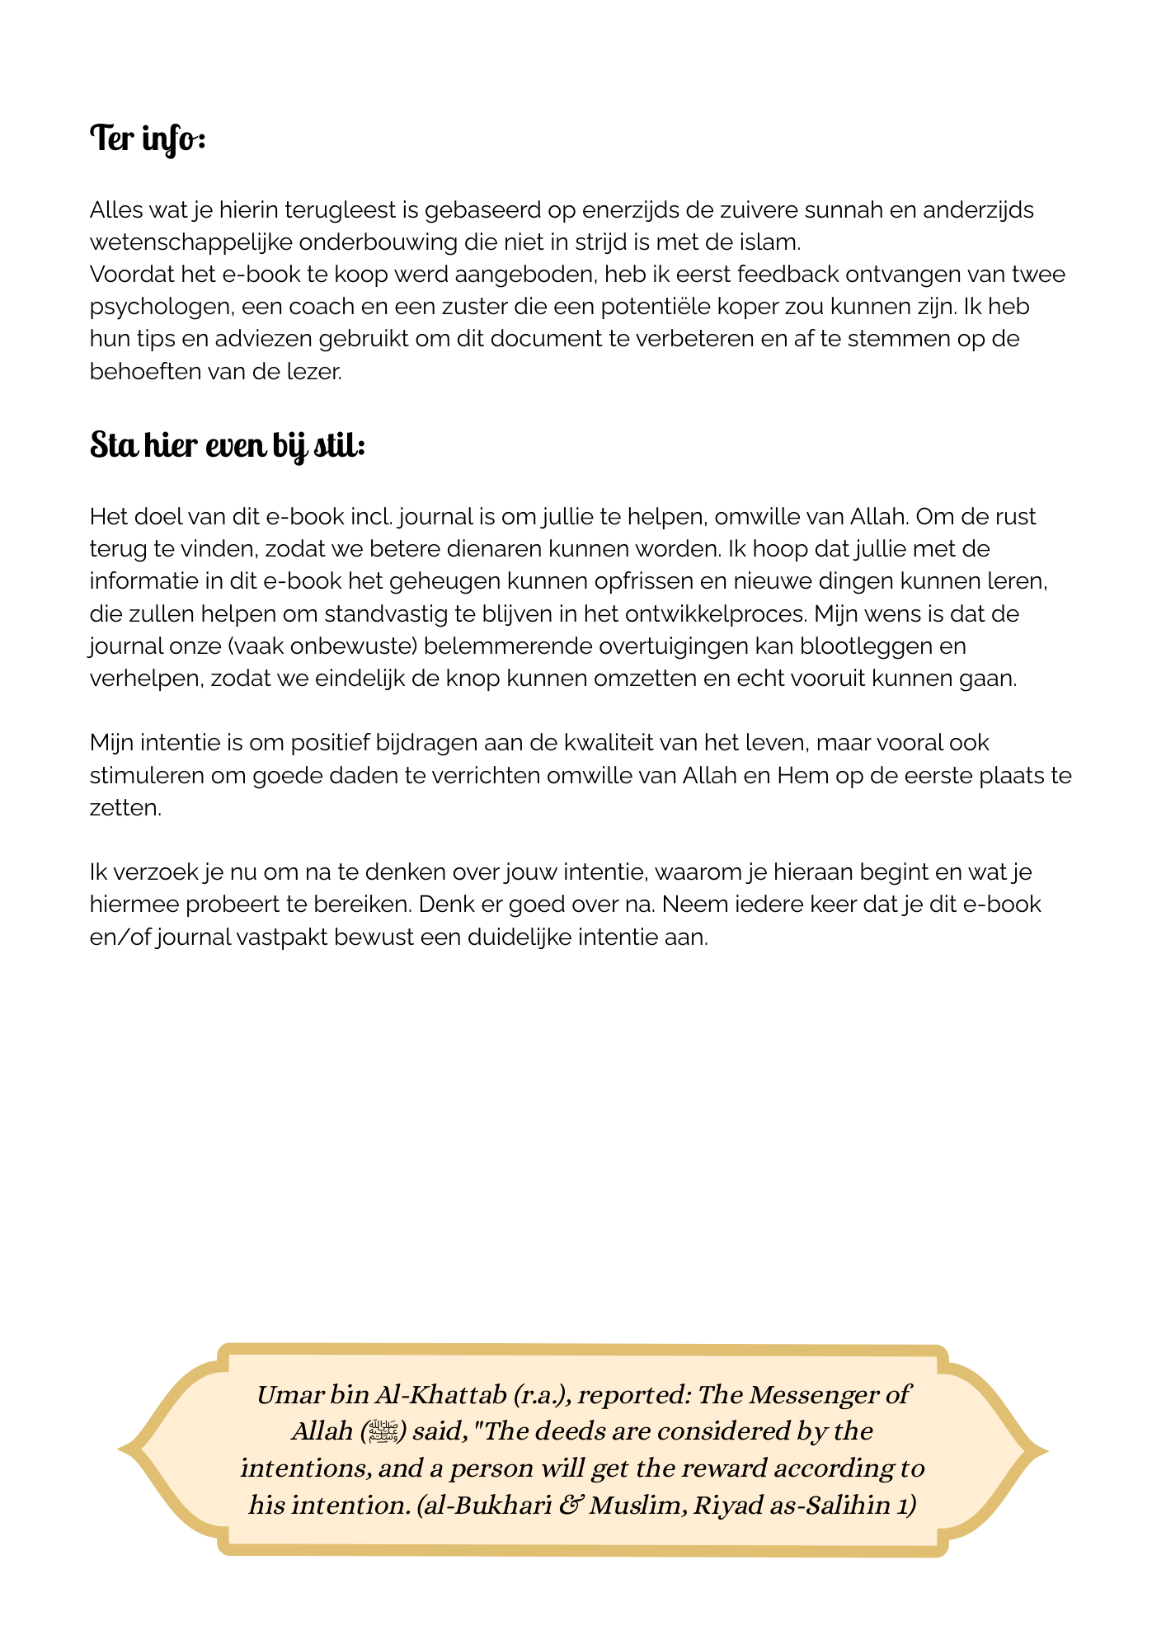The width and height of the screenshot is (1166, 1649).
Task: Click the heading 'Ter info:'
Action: click(x=147, y=139)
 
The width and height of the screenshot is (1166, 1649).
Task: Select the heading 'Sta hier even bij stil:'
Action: click(x=227, y=445)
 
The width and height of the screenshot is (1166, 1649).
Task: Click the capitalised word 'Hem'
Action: click(x=802, y=775)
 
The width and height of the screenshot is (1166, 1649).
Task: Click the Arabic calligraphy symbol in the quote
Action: click(x=383, y=1431)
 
